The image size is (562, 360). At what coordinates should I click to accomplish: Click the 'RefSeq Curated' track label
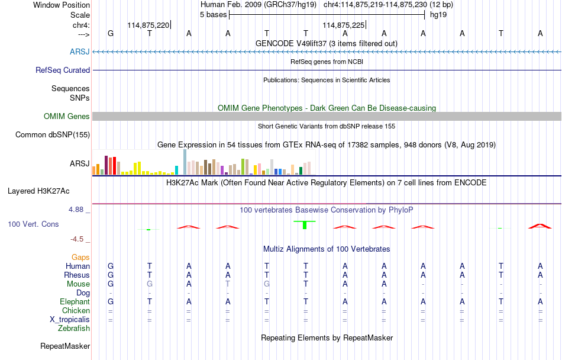[63, 70]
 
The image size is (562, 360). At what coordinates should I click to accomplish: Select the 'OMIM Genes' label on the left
[66, 117]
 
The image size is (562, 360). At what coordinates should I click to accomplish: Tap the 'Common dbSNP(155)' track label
[53, 135]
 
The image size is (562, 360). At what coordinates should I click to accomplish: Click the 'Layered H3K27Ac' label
[38, 191]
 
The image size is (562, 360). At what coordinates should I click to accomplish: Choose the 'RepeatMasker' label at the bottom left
[65, 346]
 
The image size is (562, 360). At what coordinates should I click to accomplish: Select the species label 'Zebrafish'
[74, 328]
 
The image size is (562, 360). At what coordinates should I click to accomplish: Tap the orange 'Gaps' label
[80, 257]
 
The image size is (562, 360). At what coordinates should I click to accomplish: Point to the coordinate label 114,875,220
[148, 25]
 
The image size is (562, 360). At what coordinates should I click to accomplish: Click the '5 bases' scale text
[213, 15]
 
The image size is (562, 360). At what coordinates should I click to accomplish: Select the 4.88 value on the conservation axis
[78, 209]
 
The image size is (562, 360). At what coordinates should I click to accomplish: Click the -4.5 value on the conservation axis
[79, 239]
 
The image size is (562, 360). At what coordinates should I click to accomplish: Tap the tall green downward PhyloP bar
[304, 225]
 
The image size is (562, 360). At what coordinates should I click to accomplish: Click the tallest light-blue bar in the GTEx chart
[185, 162]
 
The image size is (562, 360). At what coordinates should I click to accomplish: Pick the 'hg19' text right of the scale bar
[438, 15]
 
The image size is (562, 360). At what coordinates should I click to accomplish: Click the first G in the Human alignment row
[111, 266]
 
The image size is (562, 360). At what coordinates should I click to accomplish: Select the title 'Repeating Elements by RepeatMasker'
[327, 337]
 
